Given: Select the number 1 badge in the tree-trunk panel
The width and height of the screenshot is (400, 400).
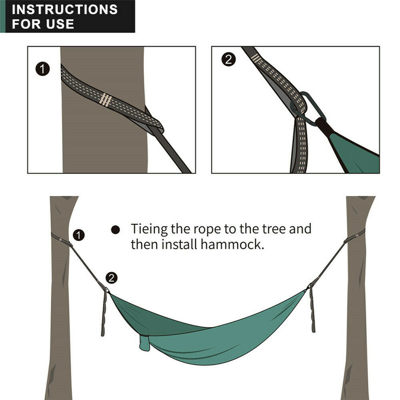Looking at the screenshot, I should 43,69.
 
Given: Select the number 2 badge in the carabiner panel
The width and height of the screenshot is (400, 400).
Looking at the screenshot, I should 228,60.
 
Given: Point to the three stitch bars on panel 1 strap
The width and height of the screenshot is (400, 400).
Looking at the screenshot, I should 106,99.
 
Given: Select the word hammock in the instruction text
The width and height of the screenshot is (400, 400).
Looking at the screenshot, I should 232,244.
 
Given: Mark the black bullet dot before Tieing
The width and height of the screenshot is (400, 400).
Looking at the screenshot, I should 116,230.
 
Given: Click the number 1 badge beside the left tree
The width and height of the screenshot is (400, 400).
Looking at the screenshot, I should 79,235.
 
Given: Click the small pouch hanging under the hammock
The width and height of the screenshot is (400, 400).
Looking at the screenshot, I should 145,342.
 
